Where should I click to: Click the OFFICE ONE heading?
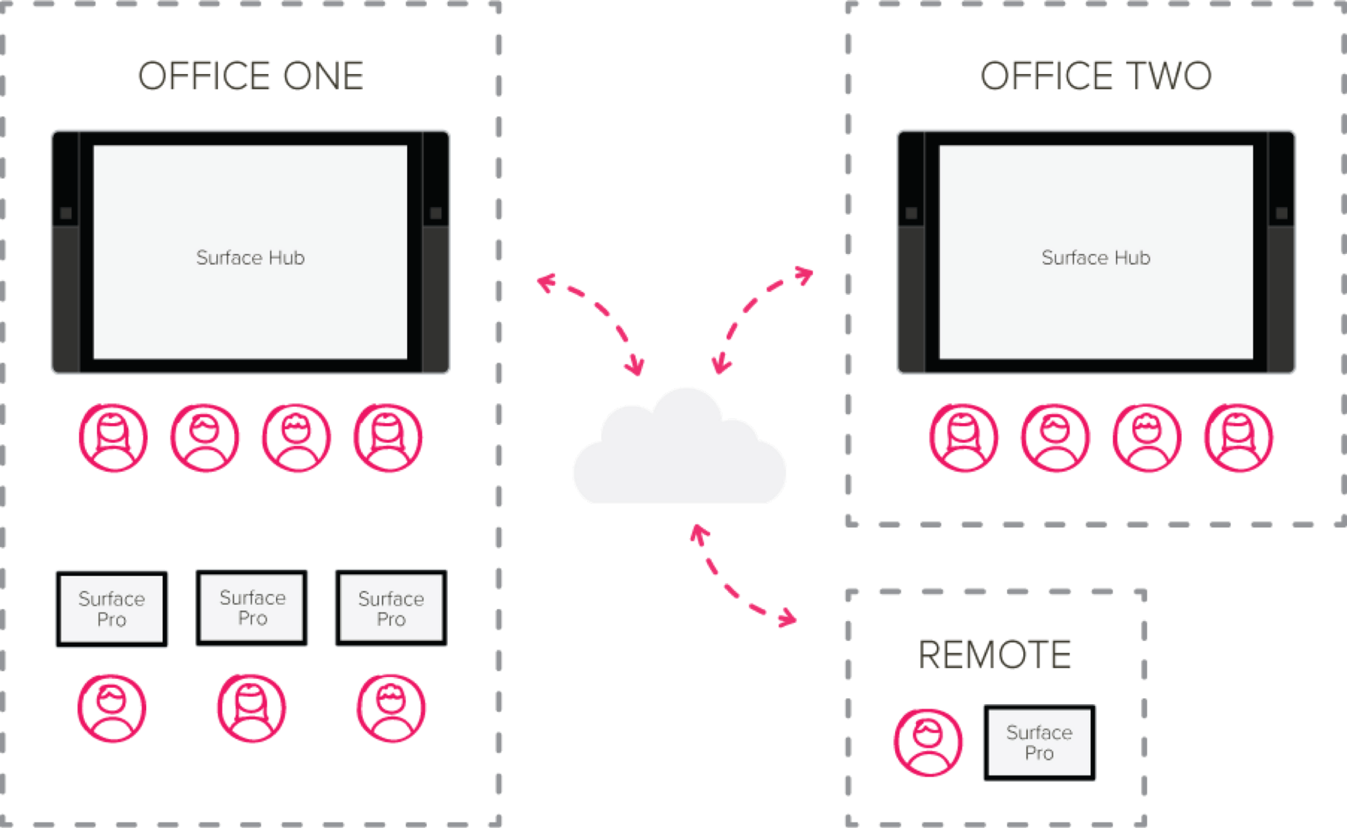(x=251, y=75)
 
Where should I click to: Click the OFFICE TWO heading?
(x=1096, y=75)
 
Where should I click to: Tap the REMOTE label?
(x=995, y=654)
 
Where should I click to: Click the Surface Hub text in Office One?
(x=251, y=257)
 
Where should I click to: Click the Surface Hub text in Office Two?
(x=1096, y=257)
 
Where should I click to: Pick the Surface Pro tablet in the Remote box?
(x=1039, y=742)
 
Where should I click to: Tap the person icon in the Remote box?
(x=928, y=742)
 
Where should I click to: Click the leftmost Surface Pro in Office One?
(x=112, y=608)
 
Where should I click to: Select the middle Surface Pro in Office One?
(x=252, y=608)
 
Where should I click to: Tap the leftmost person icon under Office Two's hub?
(x=964, y=438)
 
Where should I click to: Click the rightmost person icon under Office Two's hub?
(x=1239, y=438)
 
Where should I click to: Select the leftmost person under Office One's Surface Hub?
(x=112, y=438)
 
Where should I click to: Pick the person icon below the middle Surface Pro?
(x=251, y=709)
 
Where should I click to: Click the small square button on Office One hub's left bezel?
(x=66, y=213)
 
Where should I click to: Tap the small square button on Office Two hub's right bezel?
(x=1281, y=213)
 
